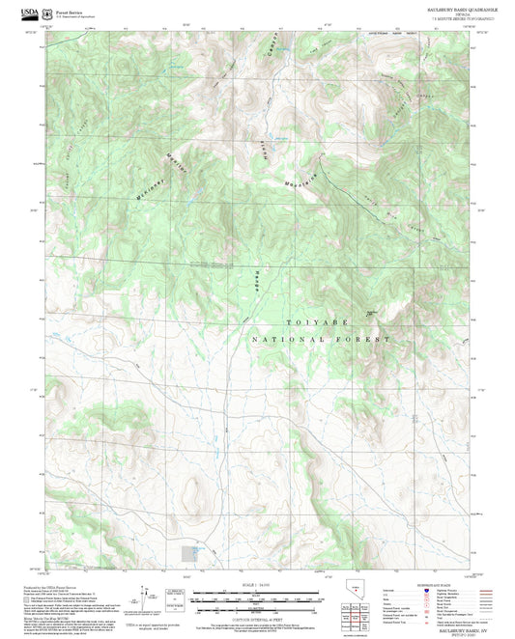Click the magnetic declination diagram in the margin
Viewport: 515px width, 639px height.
146,601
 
